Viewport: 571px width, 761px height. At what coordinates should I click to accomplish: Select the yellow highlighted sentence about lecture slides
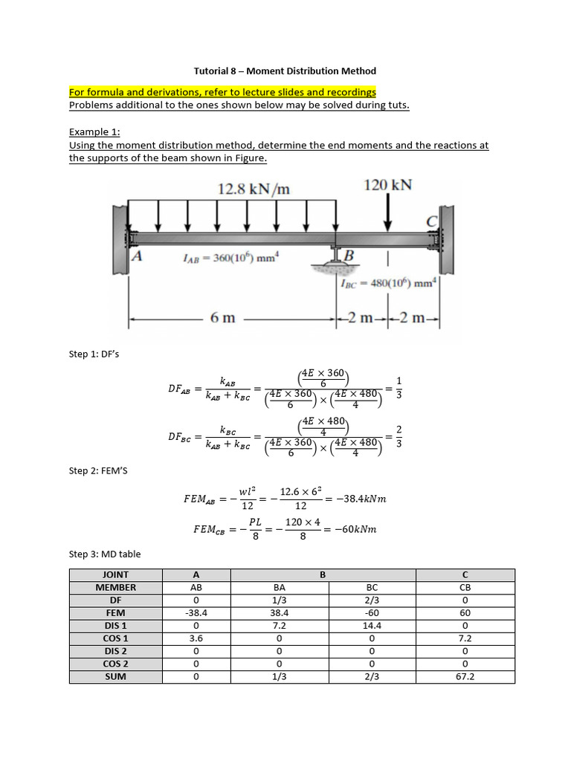coord(222,92)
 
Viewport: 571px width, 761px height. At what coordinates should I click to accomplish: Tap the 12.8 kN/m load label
coord(253,189)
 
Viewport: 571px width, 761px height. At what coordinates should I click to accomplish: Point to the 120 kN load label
coord(387,184)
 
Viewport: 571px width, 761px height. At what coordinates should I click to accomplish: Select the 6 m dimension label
coord(222,318)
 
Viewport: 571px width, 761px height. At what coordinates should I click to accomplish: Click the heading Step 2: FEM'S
coord(98,470)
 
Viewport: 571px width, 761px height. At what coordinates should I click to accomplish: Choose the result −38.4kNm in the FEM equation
coord(361,499)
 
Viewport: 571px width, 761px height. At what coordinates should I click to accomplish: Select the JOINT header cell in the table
coord(115,574)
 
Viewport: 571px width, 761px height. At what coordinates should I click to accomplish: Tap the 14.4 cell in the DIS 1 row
coord(369,626)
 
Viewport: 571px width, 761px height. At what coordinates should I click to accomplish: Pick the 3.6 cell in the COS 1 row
coord(196,638)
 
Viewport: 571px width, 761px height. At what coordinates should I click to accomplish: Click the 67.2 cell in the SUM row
coord(466,677)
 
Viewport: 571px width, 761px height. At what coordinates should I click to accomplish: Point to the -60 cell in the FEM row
coord(369,613)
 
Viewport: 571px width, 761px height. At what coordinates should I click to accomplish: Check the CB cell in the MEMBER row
coord(466,587)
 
